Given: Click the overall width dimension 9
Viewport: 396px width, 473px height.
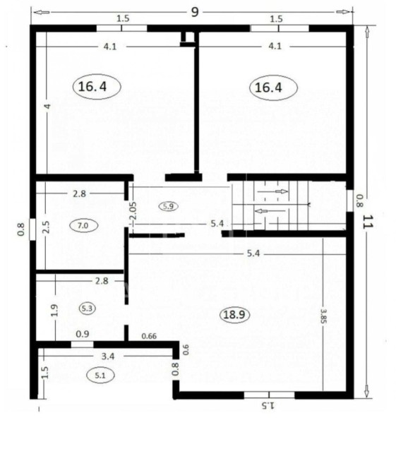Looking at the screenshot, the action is (195, 12).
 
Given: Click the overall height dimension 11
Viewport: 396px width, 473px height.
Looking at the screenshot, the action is (367, 222).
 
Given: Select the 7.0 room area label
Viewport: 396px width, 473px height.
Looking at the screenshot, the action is (83, 226).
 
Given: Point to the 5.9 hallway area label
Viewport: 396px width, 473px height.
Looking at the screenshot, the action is (168, 206).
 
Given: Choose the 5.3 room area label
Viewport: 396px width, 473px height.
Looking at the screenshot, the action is (87, 309).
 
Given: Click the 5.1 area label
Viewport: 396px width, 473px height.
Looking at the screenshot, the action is (100, 376).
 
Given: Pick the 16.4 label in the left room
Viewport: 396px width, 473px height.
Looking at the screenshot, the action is (92, 87).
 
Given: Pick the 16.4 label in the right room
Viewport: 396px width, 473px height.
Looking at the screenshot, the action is (268, 88).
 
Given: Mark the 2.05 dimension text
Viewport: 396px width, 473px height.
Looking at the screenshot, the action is (133, 210).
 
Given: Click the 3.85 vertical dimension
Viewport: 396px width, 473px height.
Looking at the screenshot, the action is (323, 316).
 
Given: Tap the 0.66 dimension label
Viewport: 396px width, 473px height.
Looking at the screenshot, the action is (149, 336).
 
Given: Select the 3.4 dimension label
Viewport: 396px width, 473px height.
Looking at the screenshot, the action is (108, 357).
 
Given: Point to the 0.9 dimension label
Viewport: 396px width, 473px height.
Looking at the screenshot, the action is (83, 334).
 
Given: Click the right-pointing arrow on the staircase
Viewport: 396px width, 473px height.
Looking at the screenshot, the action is (272, 191).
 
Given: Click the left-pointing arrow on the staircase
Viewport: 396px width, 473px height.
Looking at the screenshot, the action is (270, 211).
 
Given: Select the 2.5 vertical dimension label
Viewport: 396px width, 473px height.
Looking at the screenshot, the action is (46, 227).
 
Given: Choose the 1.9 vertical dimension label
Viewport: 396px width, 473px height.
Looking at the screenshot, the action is (54, 310).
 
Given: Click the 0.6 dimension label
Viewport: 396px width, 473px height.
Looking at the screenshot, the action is (186, 349).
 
